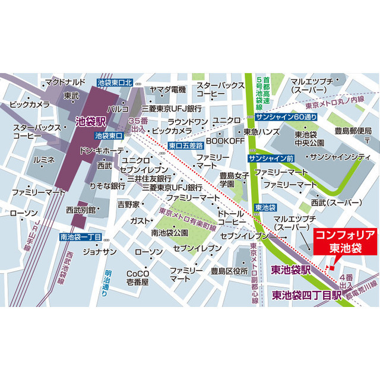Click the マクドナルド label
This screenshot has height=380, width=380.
click(66, 81)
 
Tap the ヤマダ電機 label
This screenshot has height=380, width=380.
click(168, 89)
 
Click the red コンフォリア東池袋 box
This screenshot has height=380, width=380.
click(344, 241)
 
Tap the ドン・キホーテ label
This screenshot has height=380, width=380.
click(100, 150)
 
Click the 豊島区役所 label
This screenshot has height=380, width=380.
click(229, 271)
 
